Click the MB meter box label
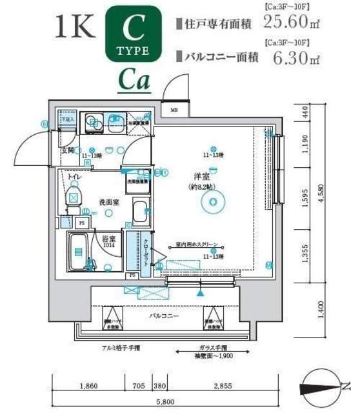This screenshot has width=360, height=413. [174, 110]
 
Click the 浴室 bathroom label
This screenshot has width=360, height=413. [107, 239]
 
